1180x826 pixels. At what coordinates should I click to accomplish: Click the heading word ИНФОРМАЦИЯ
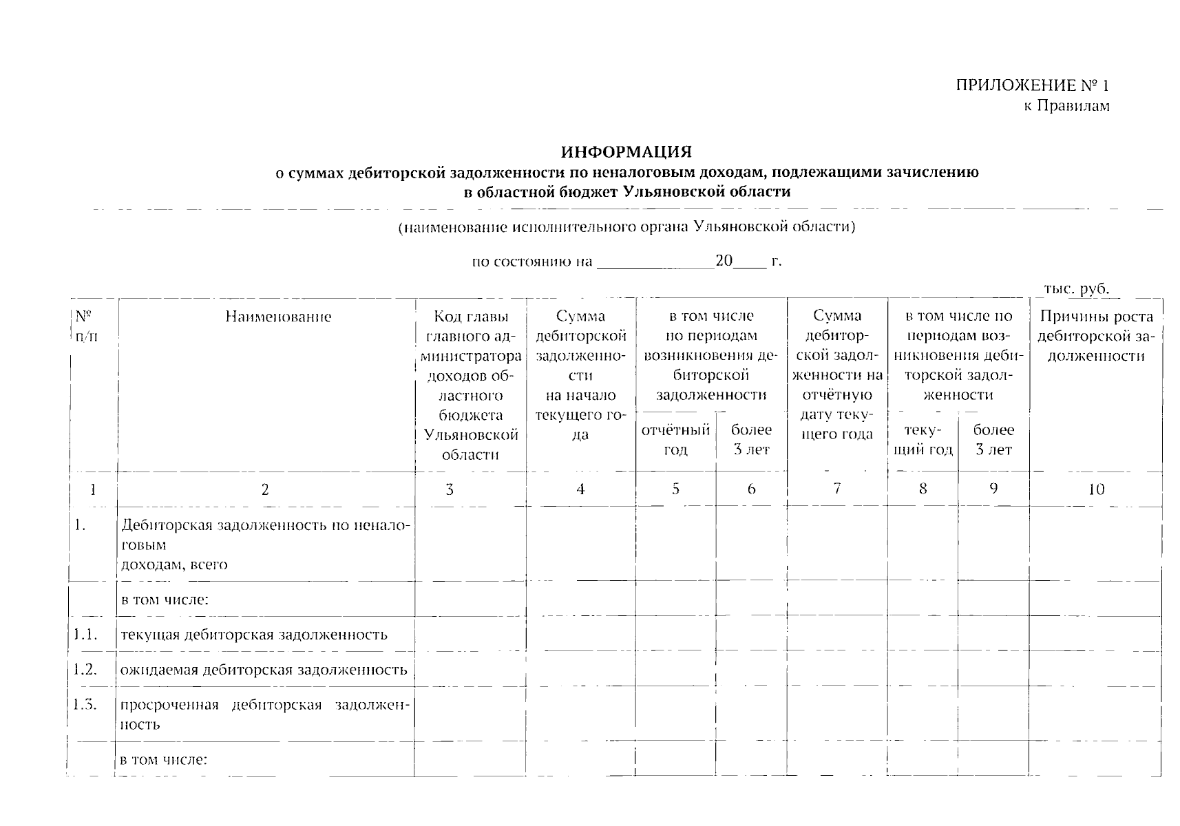[626, 151]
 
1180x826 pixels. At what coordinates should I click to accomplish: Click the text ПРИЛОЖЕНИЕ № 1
[1032, 85]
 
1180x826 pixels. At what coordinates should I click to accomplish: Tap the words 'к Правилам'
[1066, 105]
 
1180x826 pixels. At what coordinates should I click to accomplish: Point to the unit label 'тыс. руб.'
[1076, 288]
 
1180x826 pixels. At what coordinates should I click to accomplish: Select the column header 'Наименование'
[278, 317]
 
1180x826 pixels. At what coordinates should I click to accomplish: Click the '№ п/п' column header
[85, 327]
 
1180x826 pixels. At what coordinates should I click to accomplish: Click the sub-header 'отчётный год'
[675, 440]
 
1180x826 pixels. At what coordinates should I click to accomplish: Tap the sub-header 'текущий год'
[923, 440]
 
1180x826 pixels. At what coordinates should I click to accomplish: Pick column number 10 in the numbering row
[1096, 489]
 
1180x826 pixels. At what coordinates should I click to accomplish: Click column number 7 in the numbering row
[836, 489]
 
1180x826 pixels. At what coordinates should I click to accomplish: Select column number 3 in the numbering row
[450, 489]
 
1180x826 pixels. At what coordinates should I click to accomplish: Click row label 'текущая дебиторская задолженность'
[254, 635]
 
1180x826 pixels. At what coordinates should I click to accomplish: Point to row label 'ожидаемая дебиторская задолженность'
[264, 670]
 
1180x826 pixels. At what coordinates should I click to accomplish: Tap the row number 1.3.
[85, 705]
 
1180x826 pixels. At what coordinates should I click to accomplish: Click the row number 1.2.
[85, 669]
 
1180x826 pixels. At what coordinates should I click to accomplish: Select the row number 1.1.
[85, 634]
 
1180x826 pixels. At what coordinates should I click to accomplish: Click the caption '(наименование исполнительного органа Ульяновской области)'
[626, 226]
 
